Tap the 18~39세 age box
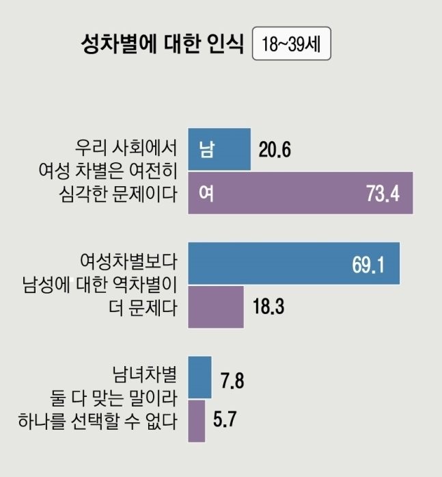click(291, 46)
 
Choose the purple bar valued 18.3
click(215, 307)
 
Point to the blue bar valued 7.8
click(199, 377)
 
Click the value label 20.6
click(275, 149)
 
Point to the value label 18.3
click(268, 307)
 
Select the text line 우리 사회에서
click(127, 149)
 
